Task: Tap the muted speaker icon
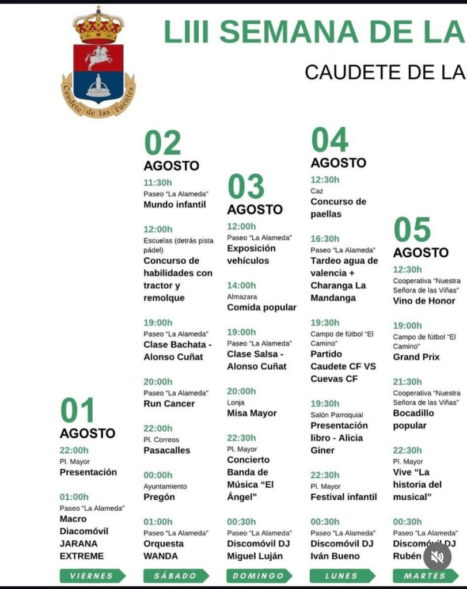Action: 437,557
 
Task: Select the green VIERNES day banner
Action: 92,576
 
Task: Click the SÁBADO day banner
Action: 176,576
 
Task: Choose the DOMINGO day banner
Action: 259,576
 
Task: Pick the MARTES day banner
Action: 426,576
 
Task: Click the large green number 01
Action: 78,411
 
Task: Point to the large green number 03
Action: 246,187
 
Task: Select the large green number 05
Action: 412,230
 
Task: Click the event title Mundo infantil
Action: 174,204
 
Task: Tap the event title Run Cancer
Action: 169,404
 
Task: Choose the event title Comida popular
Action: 261,307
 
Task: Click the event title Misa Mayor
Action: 252,413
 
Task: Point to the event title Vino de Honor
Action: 424,301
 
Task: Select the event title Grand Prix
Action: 416,357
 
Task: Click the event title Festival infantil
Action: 343,497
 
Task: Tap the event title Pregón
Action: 159,497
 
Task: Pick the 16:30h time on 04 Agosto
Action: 325,238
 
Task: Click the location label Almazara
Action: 242,297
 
